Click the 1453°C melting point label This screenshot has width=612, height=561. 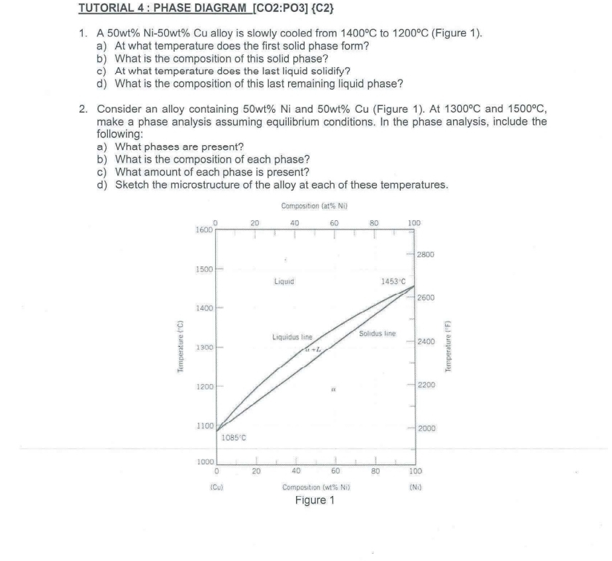click(392, 281)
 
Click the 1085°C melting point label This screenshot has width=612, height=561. click(233, 437)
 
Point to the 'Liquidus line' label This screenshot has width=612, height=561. click(292, 338)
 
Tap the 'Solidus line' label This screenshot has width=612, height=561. click(377, 333)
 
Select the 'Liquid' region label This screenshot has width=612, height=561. click(284, 281)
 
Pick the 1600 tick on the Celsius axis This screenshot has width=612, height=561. click(204, 229)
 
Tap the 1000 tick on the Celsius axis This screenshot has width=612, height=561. click(205, 462)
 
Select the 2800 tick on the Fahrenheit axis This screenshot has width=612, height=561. click(426, 255)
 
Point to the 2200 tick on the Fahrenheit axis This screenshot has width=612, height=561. click(426, 385)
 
